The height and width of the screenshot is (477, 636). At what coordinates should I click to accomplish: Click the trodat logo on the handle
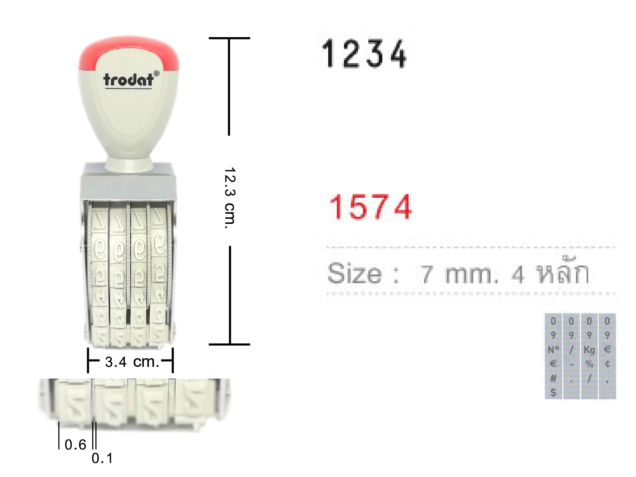[x=128, y=80]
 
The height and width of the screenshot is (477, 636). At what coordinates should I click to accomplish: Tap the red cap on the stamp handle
[x=128, y=46]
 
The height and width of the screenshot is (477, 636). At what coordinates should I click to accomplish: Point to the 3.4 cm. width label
[x=132, y=362]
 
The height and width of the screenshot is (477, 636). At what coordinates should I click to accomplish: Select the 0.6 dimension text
[x=75, y=445]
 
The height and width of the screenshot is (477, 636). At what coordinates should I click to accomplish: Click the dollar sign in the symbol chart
[x=553, y=393]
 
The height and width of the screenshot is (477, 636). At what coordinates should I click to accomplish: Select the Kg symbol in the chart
[x=589, y=350]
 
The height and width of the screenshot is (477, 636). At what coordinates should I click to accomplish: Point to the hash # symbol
[x=553, y=379]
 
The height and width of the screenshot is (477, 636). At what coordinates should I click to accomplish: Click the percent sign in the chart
[x=589, y=364]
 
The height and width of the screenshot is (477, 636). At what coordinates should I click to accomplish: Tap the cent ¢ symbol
[x=607, y=364]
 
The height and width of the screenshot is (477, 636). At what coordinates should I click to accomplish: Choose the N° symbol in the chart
[x=553, y=350]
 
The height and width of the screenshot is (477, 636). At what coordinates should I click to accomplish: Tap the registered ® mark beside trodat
[x=156, y=73]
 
